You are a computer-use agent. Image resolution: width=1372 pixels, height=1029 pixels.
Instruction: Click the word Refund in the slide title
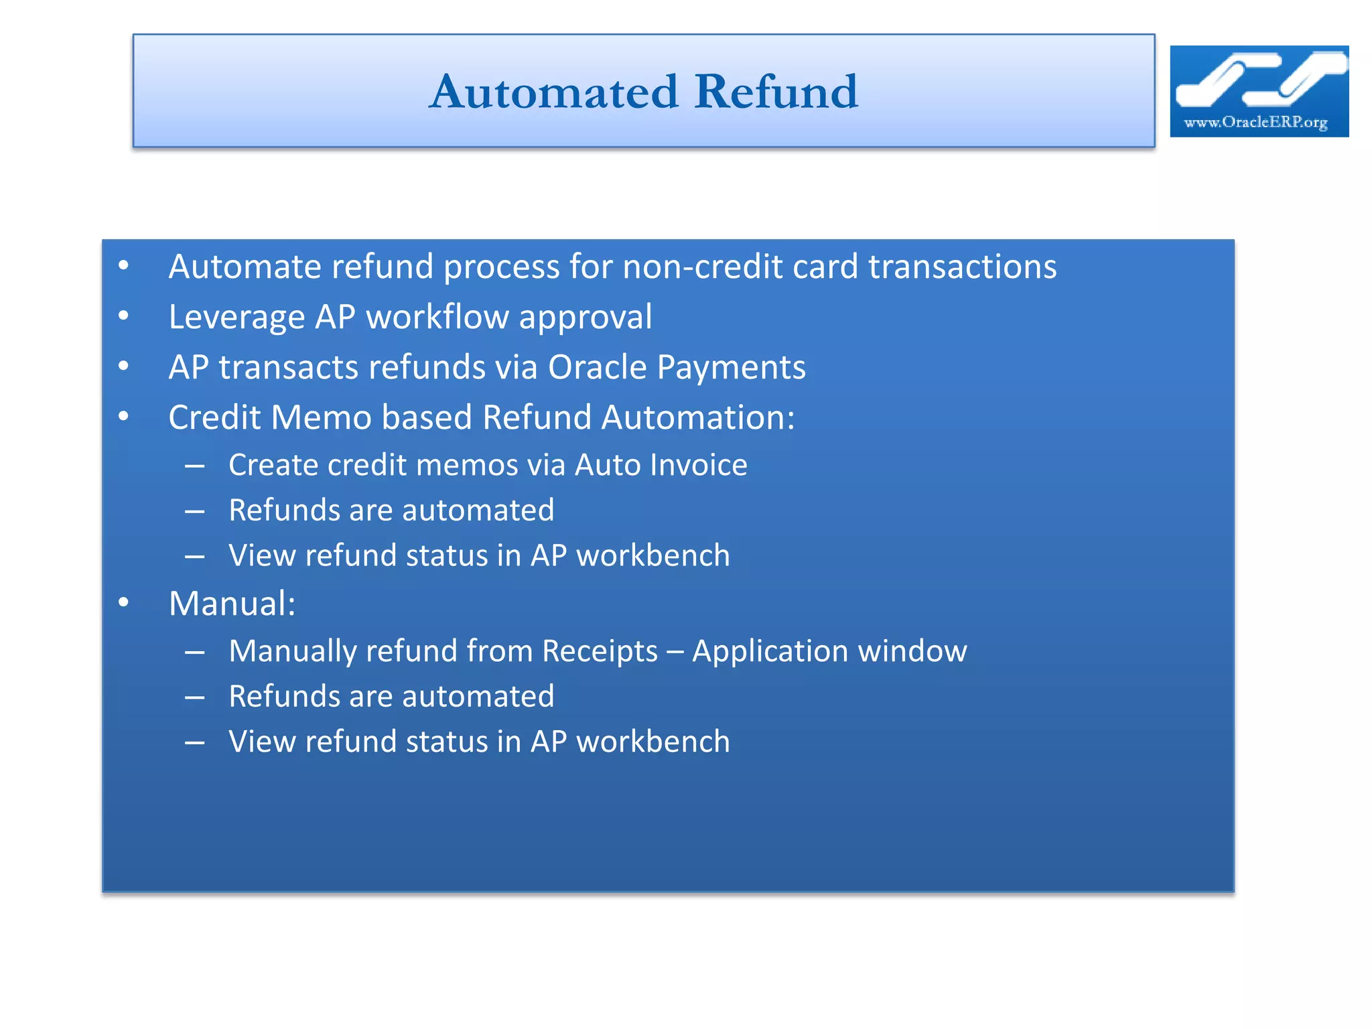776,92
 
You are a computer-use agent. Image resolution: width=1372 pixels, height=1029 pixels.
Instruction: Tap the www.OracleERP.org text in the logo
1255,123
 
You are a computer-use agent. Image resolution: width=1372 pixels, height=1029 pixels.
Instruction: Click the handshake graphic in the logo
1259,79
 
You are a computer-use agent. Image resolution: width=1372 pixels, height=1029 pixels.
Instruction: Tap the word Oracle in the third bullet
596,368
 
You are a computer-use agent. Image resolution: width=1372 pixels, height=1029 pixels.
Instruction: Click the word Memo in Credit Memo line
321,418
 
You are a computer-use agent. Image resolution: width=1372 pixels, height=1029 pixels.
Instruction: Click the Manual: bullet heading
232,604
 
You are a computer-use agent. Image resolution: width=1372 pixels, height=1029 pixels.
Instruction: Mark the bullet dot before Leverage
123,316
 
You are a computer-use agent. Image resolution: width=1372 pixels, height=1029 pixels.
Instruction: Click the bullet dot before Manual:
123,602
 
